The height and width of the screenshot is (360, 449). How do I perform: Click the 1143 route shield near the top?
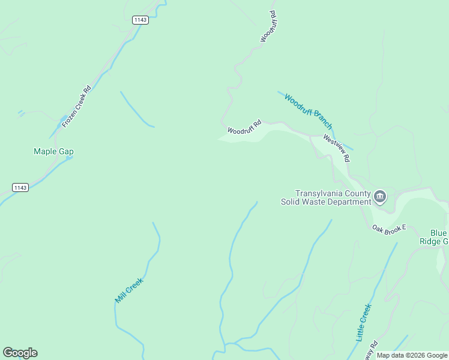140,20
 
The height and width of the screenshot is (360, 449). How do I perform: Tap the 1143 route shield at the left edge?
20,188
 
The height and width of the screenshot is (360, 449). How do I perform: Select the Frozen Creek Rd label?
76,106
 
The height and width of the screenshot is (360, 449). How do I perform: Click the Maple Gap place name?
53,151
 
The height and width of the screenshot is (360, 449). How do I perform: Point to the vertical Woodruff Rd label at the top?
268,26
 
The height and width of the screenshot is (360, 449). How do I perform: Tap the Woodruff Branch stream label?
309,111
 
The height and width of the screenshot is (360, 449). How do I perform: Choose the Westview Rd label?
337,148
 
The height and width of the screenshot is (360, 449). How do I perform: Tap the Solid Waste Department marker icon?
380,196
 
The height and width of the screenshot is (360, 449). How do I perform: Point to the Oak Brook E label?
389,228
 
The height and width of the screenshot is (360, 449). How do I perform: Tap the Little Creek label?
364,323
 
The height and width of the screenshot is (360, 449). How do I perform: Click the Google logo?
20,353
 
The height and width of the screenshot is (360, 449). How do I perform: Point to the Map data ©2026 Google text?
412,355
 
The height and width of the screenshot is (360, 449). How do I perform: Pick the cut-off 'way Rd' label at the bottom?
373,349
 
